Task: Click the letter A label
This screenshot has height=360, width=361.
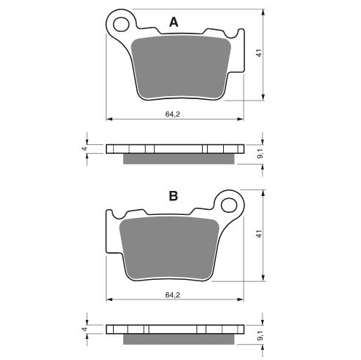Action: click(x=174, y=23)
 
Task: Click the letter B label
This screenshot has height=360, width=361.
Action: click(x=174, y=196)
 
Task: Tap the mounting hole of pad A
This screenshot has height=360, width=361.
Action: click(x=121, y=24)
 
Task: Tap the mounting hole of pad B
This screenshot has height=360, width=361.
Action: click(x=228, y=205)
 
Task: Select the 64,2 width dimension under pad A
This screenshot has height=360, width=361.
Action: click(x=173, y=114)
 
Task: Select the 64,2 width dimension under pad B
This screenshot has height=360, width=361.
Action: click(x=173, y=295)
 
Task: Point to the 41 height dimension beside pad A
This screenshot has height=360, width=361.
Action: click(x=260, y=53)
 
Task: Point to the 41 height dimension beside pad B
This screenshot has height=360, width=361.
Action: click(x=260, y=234)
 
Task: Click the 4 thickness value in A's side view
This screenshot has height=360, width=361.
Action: click(x=84, y=149)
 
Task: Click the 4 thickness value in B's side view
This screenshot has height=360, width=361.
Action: click(x=84, y=329)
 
